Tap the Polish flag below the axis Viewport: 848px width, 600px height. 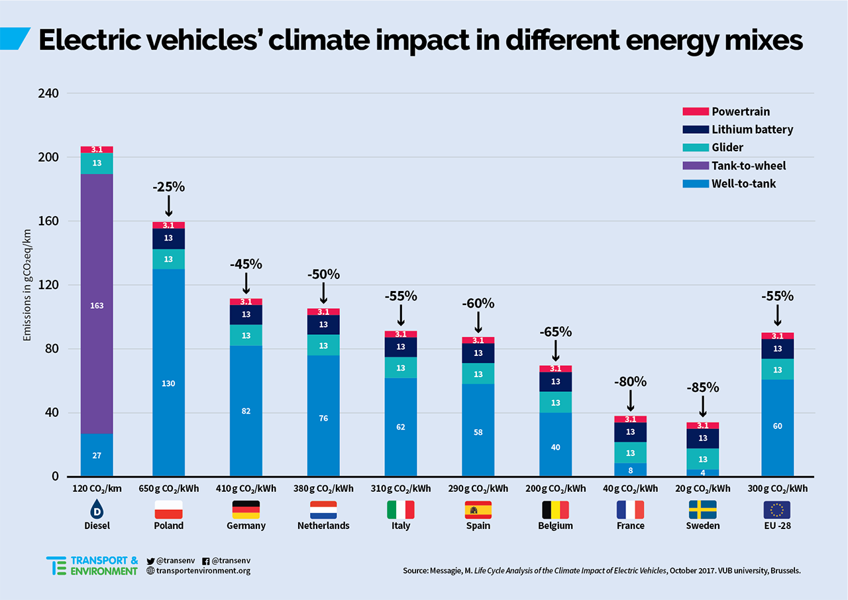tap(168, 509)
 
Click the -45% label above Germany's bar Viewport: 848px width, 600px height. tap(246, 264)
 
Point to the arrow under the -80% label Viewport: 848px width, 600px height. tap(630, 402)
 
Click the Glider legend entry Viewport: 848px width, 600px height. tap(727, 148)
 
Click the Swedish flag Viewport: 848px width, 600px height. tap(702, 509)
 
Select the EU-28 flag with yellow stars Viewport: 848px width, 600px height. tap(776, 509)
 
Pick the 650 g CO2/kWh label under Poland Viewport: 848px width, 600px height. tap(168, 489)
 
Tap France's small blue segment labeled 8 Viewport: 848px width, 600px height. tap(630, 469)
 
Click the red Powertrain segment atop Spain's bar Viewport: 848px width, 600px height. tap(477, 340)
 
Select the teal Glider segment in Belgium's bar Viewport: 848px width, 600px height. tap(555, 402)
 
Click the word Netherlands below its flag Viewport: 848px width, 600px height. tap(323, 526)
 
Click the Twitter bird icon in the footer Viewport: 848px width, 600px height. tap(151, 560)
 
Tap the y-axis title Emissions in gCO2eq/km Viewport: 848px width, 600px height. tap(27, 285)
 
